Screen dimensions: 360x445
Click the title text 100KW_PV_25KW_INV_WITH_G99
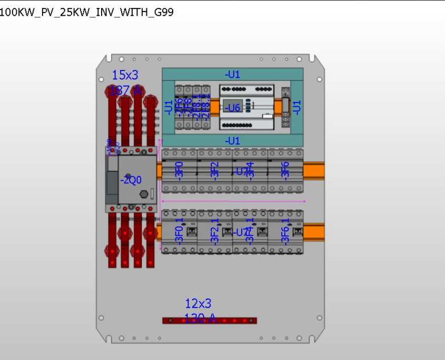coord(86,12)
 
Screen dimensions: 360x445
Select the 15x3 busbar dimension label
coord(125,75)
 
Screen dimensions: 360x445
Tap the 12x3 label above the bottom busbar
coord(198,303)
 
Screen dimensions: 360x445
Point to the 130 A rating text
coord(200,318)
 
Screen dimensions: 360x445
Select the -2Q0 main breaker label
coord(131,181)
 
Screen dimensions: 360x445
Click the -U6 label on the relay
coord(232,108)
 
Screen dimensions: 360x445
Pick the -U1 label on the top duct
coord(232,74)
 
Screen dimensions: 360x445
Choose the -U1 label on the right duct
coord(297,107)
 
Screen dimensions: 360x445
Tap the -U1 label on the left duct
coord(169,107)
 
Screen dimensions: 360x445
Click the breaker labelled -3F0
coord(179,171)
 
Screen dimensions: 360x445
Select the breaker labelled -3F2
coord(214,171)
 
